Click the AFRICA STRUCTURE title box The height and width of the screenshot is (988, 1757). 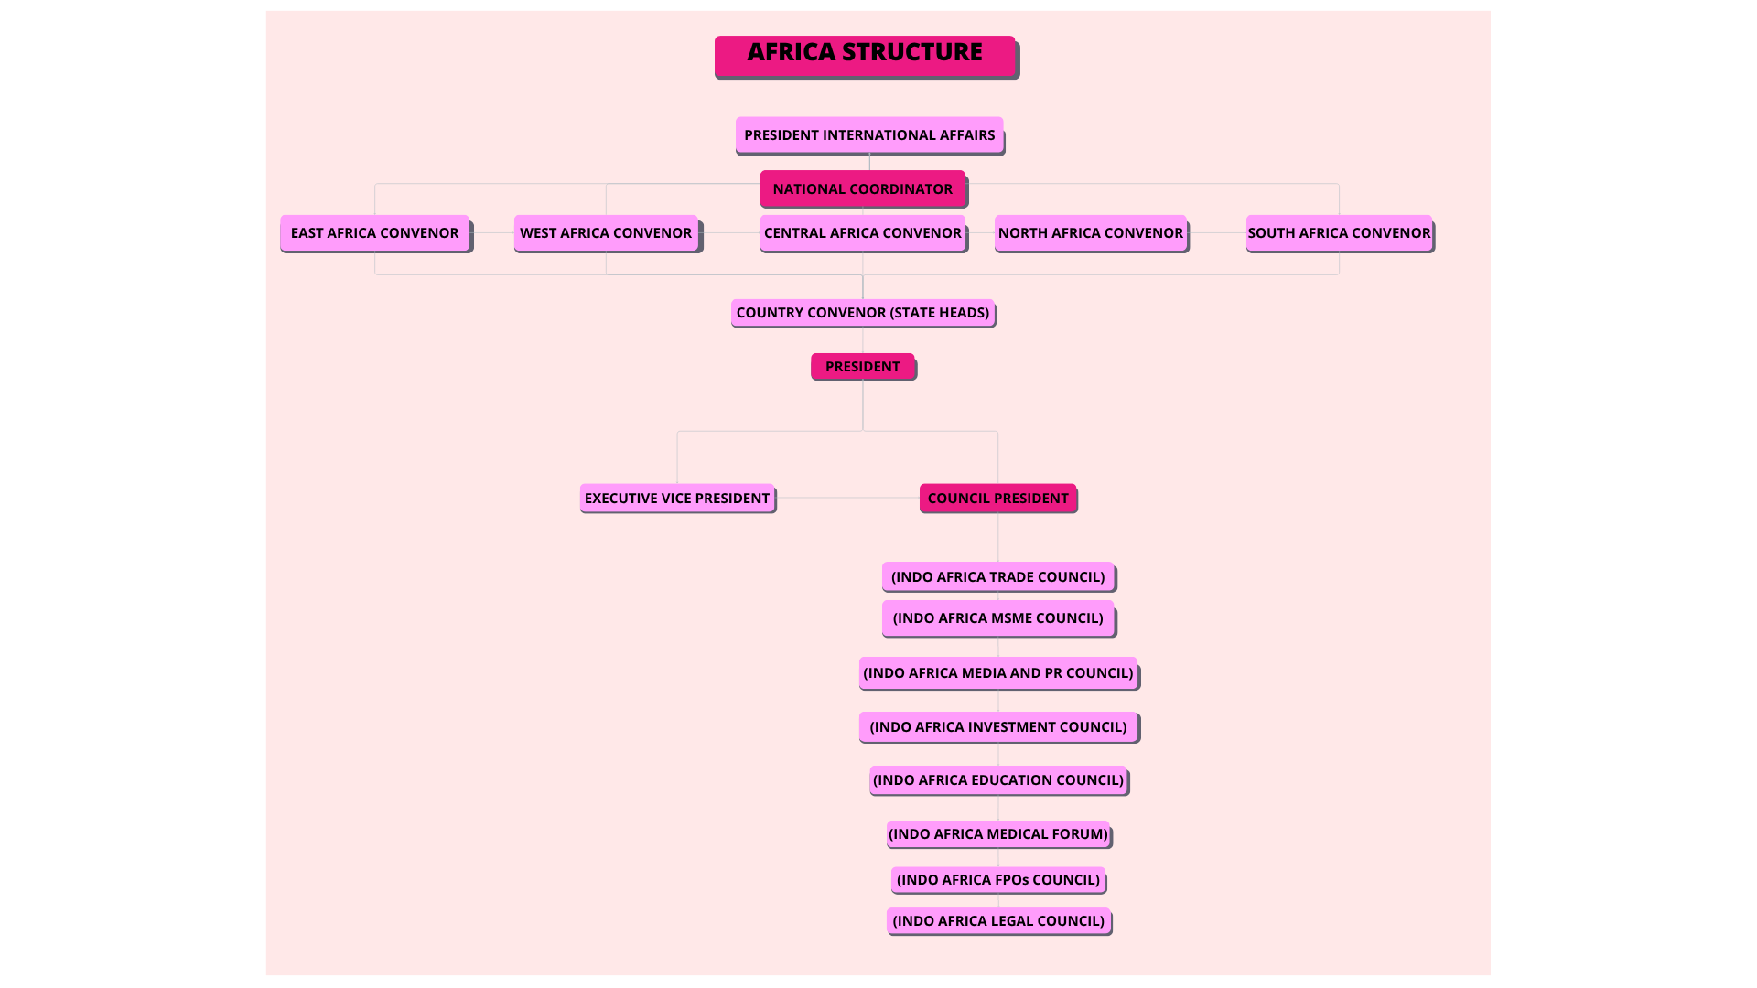coord(865,56)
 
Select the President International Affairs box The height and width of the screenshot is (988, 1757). coord(869,134)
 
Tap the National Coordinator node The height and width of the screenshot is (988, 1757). coord(862,188)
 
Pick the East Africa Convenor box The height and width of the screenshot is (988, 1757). coord(375,232)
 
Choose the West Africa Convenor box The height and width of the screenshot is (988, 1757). coord(606,232)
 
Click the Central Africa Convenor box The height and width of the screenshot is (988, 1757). coord(862,232)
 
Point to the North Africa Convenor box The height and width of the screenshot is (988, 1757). coord(1090,232)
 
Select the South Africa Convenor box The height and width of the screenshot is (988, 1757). coord(1339,232)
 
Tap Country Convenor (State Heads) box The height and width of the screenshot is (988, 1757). coord(862,312)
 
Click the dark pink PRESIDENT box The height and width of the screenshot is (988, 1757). coord(862,366)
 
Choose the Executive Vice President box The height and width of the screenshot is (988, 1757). coord(677,498)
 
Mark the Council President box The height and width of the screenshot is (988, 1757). coord(997,498)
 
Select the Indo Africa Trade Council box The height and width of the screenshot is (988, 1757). coord(997,576)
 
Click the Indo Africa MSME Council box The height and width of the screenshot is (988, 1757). coord(997,617)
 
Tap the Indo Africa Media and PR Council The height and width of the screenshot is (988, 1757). coord(997,672)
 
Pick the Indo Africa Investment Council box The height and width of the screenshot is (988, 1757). coord(997,726)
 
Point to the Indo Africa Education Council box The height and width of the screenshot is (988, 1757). coord(997,779)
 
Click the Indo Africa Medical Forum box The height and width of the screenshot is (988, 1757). coord(997,833)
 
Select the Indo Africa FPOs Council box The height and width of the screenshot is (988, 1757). coord(997,879)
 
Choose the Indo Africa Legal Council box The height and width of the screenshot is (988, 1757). coord(997,920)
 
